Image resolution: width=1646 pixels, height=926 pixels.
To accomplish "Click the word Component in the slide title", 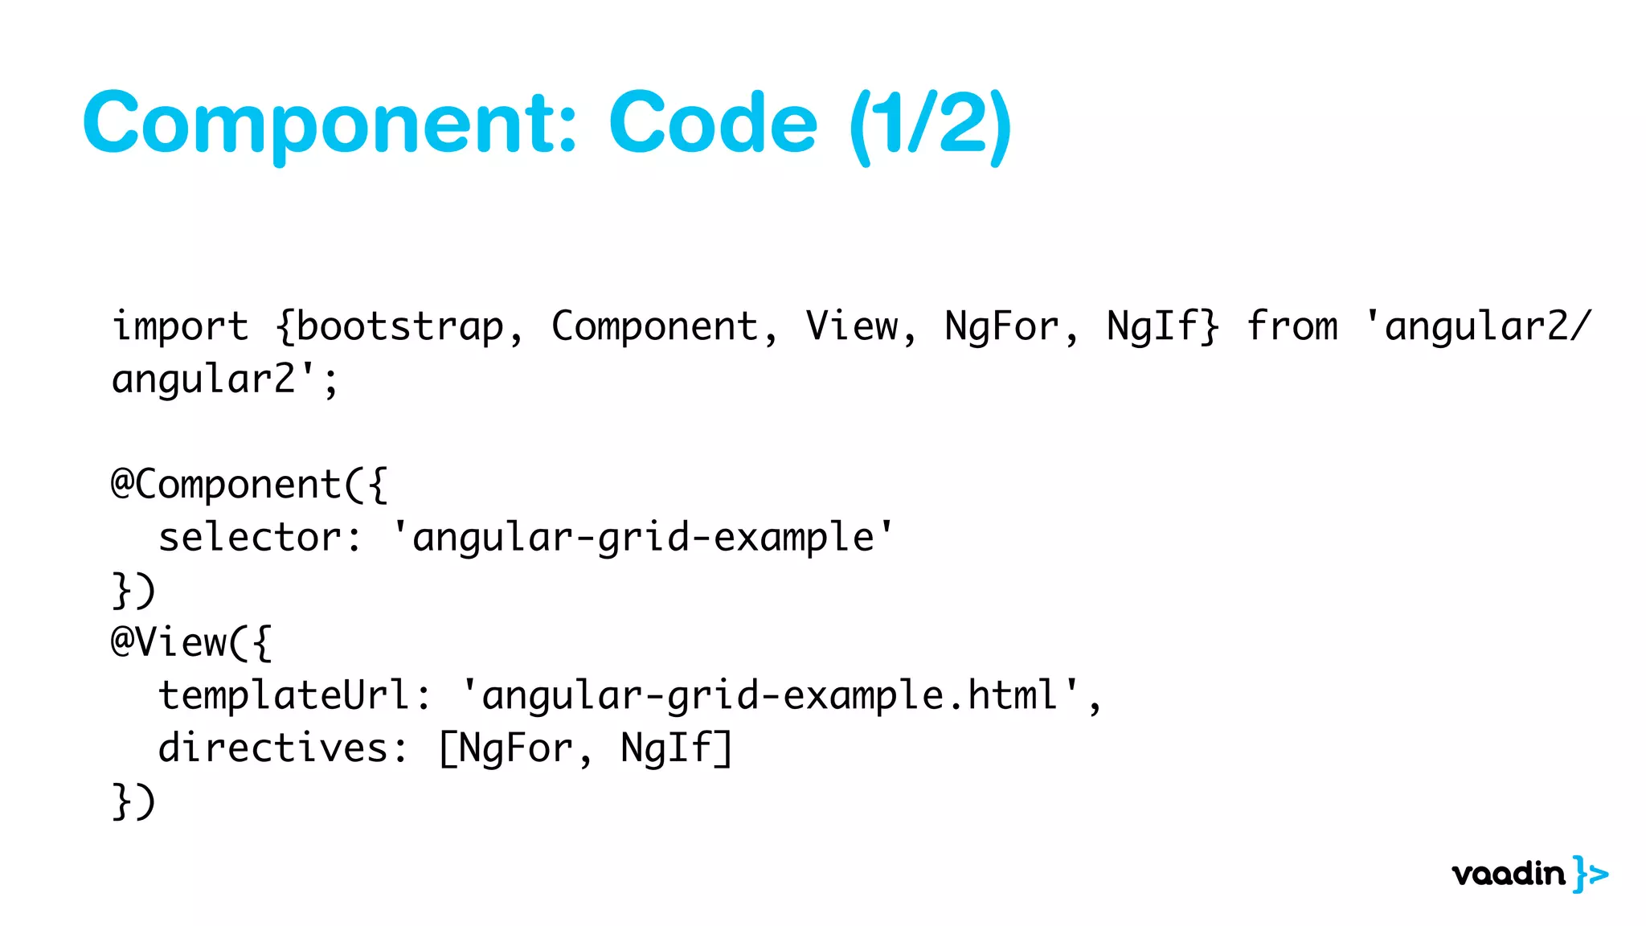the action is (x=330, y=125).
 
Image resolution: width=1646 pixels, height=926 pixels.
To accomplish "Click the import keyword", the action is (x=180, y=327).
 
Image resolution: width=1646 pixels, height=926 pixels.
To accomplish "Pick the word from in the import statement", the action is (x=1292, y=327).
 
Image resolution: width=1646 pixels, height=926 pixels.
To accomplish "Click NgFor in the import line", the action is (x=1001, y=327).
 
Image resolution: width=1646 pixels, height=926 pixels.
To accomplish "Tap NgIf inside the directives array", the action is (x=667, y=748).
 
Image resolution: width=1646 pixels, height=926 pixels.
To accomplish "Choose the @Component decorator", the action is (x=227, y=485).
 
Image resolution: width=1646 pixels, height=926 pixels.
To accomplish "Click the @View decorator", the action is (x=170, y=642).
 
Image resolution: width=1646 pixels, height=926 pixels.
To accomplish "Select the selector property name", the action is (x=250, y=537).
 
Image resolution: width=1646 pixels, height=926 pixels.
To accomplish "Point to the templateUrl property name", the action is (x=285, y=695).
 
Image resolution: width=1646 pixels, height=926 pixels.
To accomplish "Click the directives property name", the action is (x=273, y=748).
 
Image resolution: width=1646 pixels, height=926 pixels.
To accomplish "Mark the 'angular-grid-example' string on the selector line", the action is (x=643, y=537).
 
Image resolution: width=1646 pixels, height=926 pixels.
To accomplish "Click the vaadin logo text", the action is (x=1508, y=874).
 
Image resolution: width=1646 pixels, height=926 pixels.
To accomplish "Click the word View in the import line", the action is (x=852, y=327).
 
